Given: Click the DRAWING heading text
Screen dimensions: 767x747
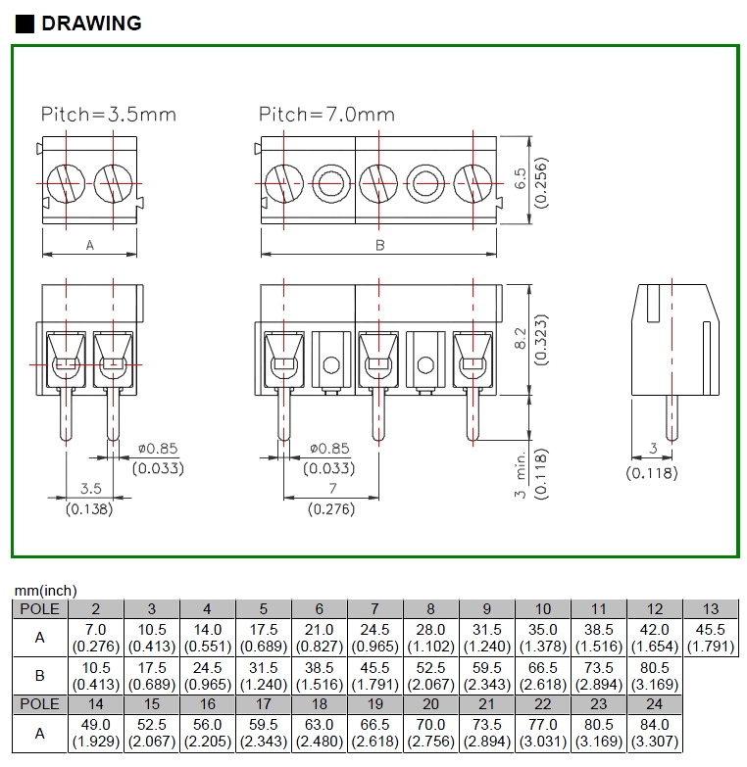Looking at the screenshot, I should [x=91, y=23].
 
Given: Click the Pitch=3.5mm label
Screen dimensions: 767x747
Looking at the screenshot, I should [x=108, y=115].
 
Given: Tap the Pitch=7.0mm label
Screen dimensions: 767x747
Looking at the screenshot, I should [x=326, y=115].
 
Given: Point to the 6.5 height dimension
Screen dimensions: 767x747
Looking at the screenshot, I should [x=521, y=178].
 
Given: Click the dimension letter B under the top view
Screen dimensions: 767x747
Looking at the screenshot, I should [x=380, y=245].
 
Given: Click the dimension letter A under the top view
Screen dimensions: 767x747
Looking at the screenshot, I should [x=90, y=245].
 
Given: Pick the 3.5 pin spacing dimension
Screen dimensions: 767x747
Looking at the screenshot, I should [x=90, y=488].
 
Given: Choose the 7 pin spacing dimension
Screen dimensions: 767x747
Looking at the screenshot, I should [x=332, y=488].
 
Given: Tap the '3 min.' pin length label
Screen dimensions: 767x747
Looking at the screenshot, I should [x=521, y=472].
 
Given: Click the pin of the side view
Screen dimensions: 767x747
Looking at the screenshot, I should [x=672, y=416].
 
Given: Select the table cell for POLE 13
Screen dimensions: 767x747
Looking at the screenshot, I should [x=711, y=608].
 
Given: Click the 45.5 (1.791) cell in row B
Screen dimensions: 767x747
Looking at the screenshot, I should [x=375, y=675].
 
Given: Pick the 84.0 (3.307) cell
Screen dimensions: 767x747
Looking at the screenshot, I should [x=655, y=732].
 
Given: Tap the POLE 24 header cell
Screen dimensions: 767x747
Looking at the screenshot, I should [x=655, y=703].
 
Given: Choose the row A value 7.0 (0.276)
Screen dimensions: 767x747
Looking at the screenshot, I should [x=96, y=637].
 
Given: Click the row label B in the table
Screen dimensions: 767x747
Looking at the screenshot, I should [x=39, y=675].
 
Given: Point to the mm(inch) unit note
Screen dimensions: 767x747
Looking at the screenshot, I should [x=45, y=590].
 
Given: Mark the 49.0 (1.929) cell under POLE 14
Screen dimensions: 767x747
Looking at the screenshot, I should [x=96, y=732].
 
